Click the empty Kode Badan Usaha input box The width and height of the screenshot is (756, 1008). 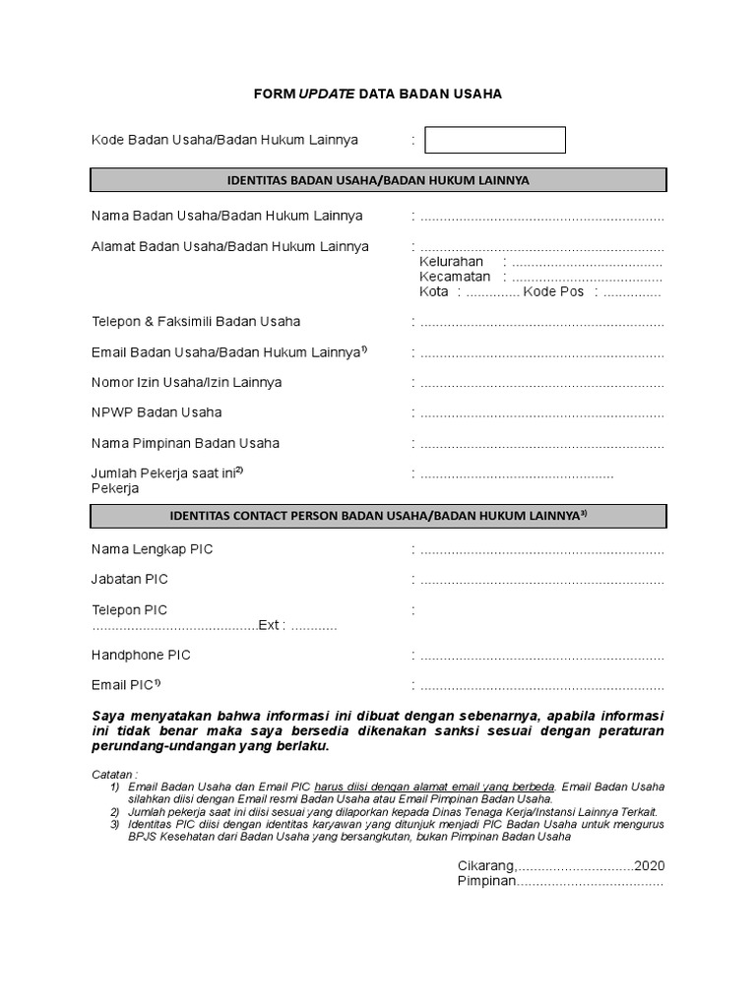coord(495,141)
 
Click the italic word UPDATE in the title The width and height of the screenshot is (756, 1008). coord(326,94)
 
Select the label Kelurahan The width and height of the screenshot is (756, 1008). coord(451,262)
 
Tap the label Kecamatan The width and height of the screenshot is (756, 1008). coord(455,277)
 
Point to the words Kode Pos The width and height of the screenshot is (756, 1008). coord(553,291)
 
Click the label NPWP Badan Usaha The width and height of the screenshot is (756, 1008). coord(157,411)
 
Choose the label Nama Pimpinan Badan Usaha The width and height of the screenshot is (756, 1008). coord(185,443)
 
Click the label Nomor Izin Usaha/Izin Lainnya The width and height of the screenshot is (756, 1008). coord(186,382)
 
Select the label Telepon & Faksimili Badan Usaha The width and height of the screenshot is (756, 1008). coord(196,321)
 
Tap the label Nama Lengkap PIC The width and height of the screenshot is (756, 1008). coord(152,549)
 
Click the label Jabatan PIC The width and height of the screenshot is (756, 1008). coord(130,579)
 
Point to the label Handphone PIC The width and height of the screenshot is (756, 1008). coord(141,655)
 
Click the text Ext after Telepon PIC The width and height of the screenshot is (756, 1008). coord(269,625)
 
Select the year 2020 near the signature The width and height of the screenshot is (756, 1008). coord(650,865)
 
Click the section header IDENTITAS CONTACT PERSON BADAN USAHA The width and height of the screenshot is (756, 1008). coord(378,515)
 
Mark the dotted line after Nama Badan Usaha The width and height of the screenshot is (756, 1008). coord(541,217)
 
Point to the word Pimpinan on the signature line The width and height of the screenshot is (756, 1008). coord(486,881)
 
